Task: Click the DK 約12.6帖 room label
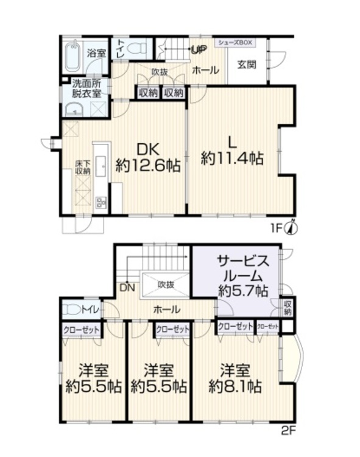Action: click(149, 158)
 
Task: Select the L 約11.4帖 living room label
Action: click(232, 151)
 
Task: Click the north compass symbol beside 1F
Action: click(292, 228)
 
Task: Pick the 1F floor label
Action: click(277, 229)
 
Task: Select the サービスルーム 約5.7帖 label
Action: click(242, 276)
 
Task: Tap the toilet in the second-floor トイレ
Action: click(71, 310)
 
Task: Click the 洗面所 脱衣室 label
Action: click(86, 89)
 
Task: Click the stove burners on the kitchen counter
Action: click(101, 202)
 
